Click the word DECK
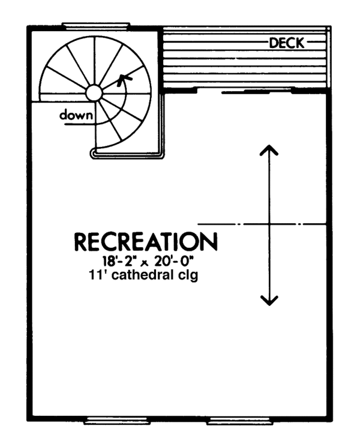pyautogui.click(x=287, y=43)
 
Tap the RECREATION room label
pyautogui.click(x=145, y=242)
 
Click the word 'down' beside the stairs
pyautogui.click(x=76, y=115)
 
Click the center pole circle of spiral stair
pyautogui.click(x=94, y=92)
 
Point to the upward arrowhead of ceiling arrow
pyautogui.click(x=269, y=151)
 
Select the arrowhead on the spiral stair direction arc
pyautogui.click(x=124, y=78)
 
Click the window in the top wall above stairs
pyautogui.click(x=96, y=25)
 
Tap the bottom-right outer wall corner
pyautogui.click(x=331, y=418)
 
